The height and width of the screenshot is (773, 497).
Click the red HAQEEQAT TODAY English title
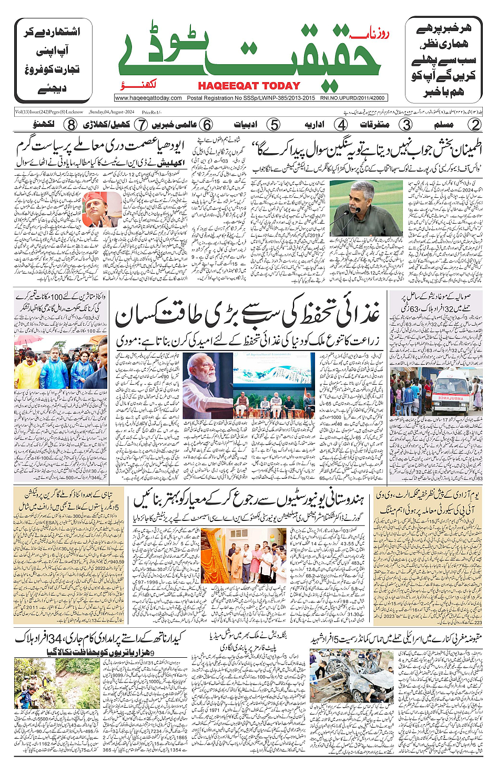(x=249, y=86)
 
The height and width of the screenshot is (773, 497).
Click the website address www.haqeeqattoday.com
(x=148, y=98)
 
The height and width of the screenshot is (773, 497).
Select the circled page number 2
(x=475, y=125)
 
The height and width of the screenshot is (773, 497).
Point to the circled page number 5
(x=273, y=125)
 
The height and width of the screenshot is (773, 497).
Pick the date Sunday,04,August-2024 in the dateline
(x=111, y=112)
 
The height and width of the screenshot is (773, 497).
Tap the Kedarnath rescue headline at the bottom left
(x=100, y=639)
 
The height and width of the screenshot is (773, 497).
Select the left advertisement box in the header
(x=53, y=60)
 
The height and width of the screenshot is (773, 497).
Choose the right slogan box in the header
(x=443, y=60)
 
